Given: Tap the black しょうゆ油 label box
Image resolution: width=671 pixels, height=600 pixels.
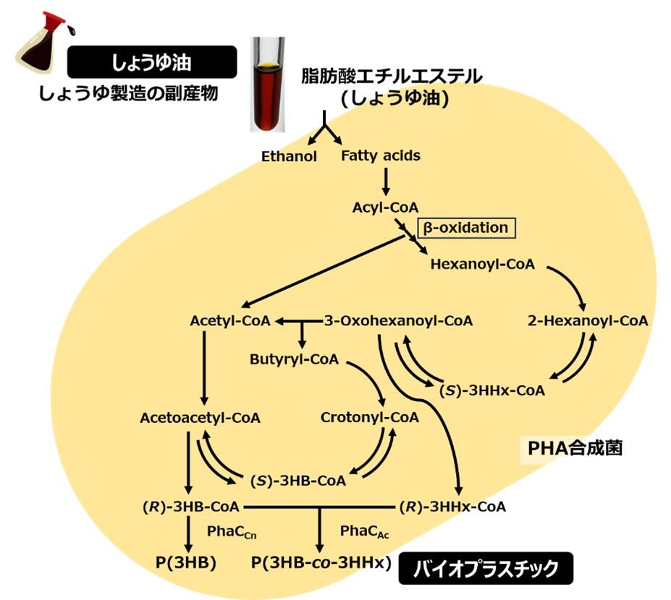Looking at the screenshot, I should tap(151, 63).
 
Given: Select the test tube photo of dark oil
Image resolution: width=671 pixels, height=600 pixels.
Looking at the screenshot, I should tap(268, 85).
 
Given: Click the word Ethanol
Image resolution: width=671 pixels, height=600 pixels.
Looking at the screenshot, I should tap(290, 156).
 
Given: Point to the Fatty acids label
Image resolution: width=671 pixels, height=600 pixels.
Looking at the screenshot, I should tap(380, 155).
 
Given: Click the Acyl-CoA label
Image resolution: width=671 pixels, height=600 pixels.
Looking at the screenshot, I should tap(385, 207).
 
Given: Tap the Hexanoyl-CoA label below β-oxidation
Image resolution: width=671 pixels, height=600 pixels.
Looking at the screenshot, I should tap(482, 264).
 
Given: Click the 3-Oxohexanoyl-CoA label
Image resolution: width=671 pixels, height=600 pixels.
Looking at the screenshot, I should tap(398, 320).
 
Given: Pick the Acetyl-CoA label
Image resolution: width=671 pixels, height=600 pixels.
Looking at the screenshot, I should tap(229, 320).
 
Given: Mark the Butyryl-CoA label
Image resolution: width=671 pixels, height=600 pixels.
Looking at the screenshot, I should tap(294, 359).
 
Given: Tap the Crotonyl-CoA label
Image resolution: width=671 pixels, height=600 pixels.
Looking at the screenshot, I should tap(369, 417).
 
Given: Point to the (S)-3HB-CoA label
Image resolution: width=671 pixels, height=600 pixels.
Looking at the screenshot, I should tap(297, 479).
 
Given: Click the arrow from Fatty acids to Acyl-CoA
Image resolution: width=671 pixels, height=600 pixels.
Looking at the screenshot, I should tap(386, 180).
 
